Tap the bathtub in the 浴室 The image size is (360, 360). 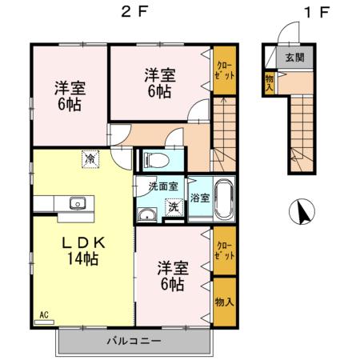tap(224, 198)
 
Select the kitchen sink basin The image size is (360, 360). tap(78, 204)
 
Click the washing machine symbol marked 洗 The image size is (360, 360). tap(174, 207)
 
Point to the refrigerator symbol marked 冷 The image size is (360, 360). tap(90, 159)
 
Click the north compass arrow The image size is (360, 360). tap(302, 211)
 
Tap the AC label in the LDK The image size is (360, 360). tap(44, 315)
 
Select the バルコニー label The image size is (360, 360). tap(134, 341)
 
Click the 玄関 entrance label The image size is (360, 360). tap(294, 58)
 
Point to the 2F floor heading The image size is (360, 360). tap(134, 12)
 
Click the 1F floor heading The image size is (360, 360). tap(317, 12)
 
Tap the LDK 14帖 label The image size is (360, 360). tap(83, 250)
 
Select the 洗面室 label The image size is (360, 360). tap(163, 186)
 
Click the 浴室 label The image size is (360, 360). tap(200, 198)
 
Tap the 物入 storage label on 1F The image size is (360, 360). tap(270, 82)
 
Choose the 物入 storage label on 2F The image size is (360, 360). tap(225, 302)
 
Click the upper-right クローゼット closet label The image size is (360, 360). tap(225, 70)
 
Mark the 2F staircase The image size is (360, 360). tap(224, 134)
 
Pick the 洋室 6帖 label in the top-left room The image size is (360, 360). tap(70, 96)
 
